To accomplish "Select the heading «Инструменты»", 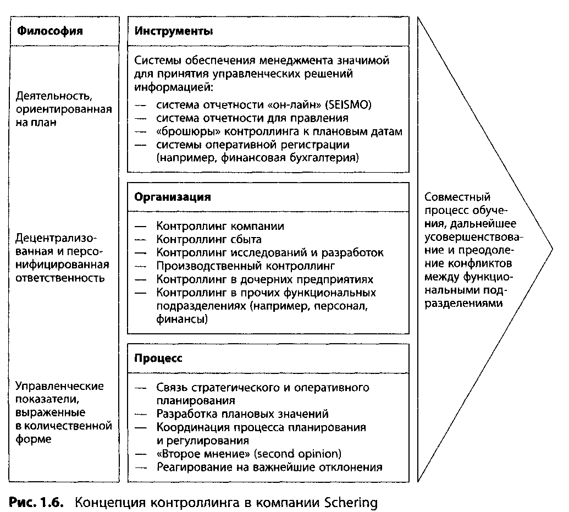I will (x=173, y=31).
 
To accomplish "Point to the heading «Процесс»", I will (x=158, y=357).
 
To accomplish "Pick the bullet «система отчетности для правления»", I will (x=252, y=118).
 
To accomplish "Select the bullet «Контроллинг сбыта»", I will (x=209, y=239).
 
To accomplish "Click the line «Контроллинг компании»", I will (x=220, y=226).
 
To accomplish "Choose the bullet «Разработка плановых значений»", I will (x=242, y=414).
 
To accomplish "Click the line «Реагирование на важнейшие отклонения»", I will (x=269, y=467).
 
